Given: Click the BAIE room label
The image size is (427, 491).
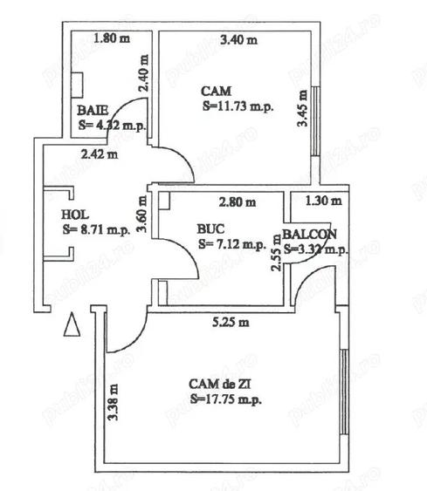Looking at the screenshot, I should pos(92,111).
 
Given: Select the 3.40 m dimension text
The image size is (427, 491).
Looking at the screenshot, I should pos(239,39).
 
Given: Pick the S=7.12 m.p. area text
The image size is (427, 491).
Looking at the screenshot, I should pos(231,243).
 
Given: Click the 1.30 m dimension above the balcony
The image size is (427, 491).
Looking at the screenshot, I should pos(324,202).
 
